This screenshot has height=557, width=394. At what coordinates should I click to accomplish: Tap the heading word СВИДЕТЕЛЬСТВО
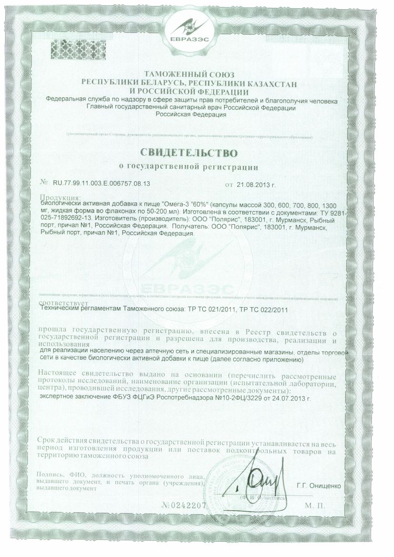(x=188, y=153)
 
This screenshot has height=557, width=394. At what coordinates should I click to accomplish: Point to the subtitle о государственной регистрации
(x=188, y=167)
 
